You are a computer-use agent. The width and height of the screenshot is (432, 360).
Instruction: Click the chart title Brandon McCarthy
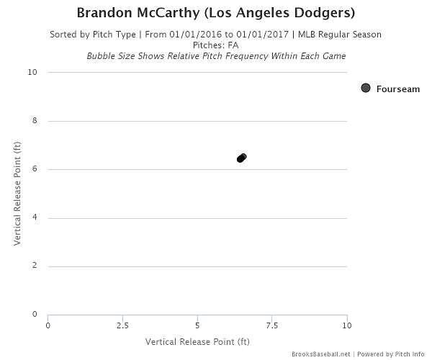tap(216, 14)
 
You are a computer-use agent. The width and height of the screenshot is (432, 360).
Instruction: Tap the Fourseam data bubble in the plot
tap(242, 158)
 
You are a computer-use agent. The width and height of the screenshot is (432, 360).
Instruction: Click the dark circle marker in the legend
tap(366, 88)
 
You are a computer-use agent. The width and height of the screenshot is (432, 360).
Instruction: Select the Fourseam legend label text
tap(397, 88)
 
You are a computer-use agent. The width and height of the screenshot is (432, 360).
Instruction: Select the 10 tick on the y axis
tap(32, 73)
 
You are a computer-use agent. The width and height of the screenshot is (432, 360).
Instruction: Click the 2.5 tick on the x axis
tap(122, 325)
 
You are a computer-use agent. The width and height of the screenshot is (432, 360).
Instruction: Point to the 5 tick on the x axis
tap(197, 325)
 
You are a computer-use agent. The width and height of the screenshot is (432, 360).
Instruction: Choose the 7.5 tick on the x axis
tap(272, 325)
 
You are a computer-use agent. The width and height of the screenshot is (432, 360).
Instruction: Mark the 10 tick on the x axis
tap(346, 325)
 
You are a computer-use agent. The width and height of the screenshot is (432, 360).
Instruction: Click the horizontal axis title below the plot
tap(197, 341)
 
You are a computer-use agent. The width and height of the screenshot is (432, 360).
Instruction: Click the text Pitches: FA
tap(216, 45)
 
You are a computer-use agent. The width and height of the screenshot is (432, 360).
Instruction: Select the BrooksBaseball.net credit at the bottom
tap(320, 354)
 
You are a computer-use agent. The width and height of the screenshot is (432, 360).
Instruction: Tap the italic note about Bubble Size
tap(216, 55)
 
